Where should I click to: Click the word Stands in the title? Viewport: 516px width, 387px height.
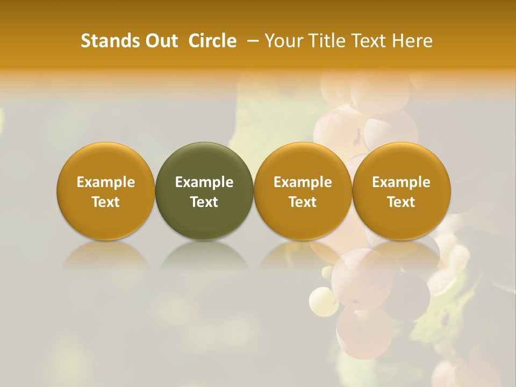(x=107, y=41)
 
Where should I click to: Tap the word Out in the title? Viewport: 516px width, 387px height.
(x=160, y=41)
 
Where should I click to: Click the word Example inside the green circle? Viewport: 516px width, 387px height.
(x=204, y=182)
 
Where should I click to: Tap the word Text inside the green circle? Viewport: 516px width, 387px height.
(x=204, y=202)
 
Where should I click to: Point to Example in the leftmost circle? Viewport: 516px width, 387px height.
(x=106, y=182)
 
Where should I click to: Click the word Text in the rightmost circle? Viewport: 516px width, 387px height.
(x=402, y=202)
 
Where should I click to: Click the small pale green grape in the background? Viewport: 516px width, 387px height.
(x=320, y=300)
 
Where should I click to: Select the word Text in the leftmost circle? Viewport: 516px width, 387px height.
(x=106, y=202)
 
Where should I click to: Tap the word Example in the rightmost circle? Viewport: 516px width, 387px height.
(x=402, y=182)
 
